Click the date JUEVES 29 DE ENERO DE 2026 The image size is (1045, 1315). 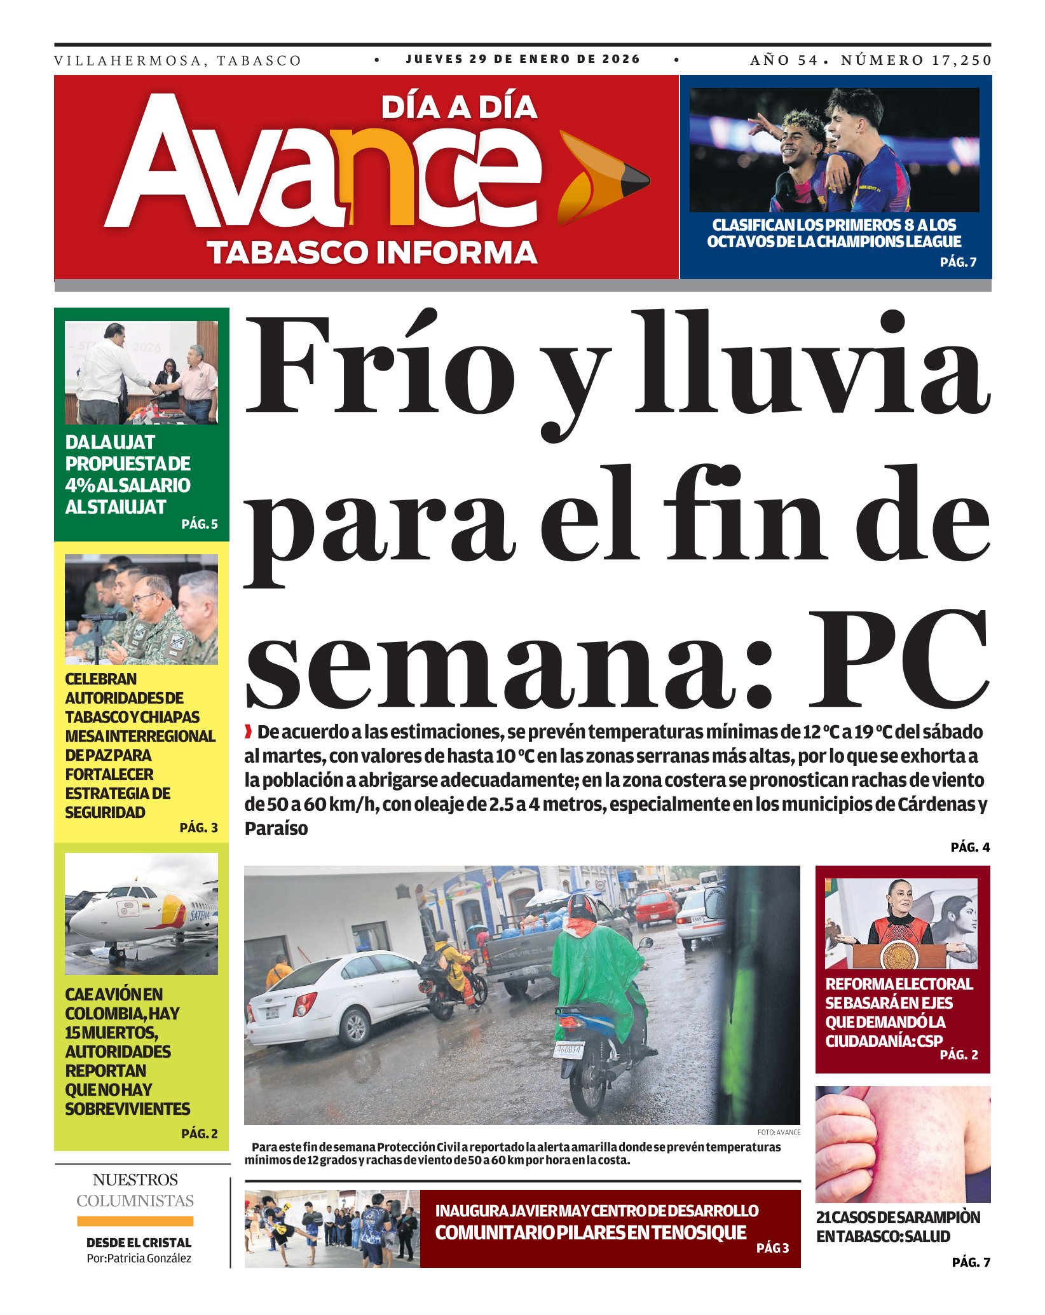pyautogui.click(x=523, y=59)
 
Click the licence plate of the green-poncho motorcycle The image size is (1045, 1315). pyautogui.click(x=568, y=1050)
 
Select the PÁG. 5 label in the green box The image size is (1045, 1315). pyautogui.click(x=200, y=524)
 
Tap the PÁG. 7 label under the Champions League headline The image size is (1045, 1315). pyautogui.click(x=958, y=262)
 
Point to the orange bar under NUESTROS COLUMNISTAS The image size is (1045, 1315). pyautogui.click(x=135, y=1221)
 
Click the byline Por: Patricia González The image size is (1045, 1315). pyautogui.click(x=139, y=1258)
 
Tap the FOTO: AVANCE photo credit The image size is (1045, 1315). pyautogui.click(x=779, y=1132)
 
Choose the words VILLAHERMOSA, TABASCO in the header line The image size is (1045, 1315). pyautogui.click(x=177, y=61)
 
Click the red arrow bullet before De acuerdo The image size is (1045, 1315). pyautogui.click(x=249, y=732)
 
